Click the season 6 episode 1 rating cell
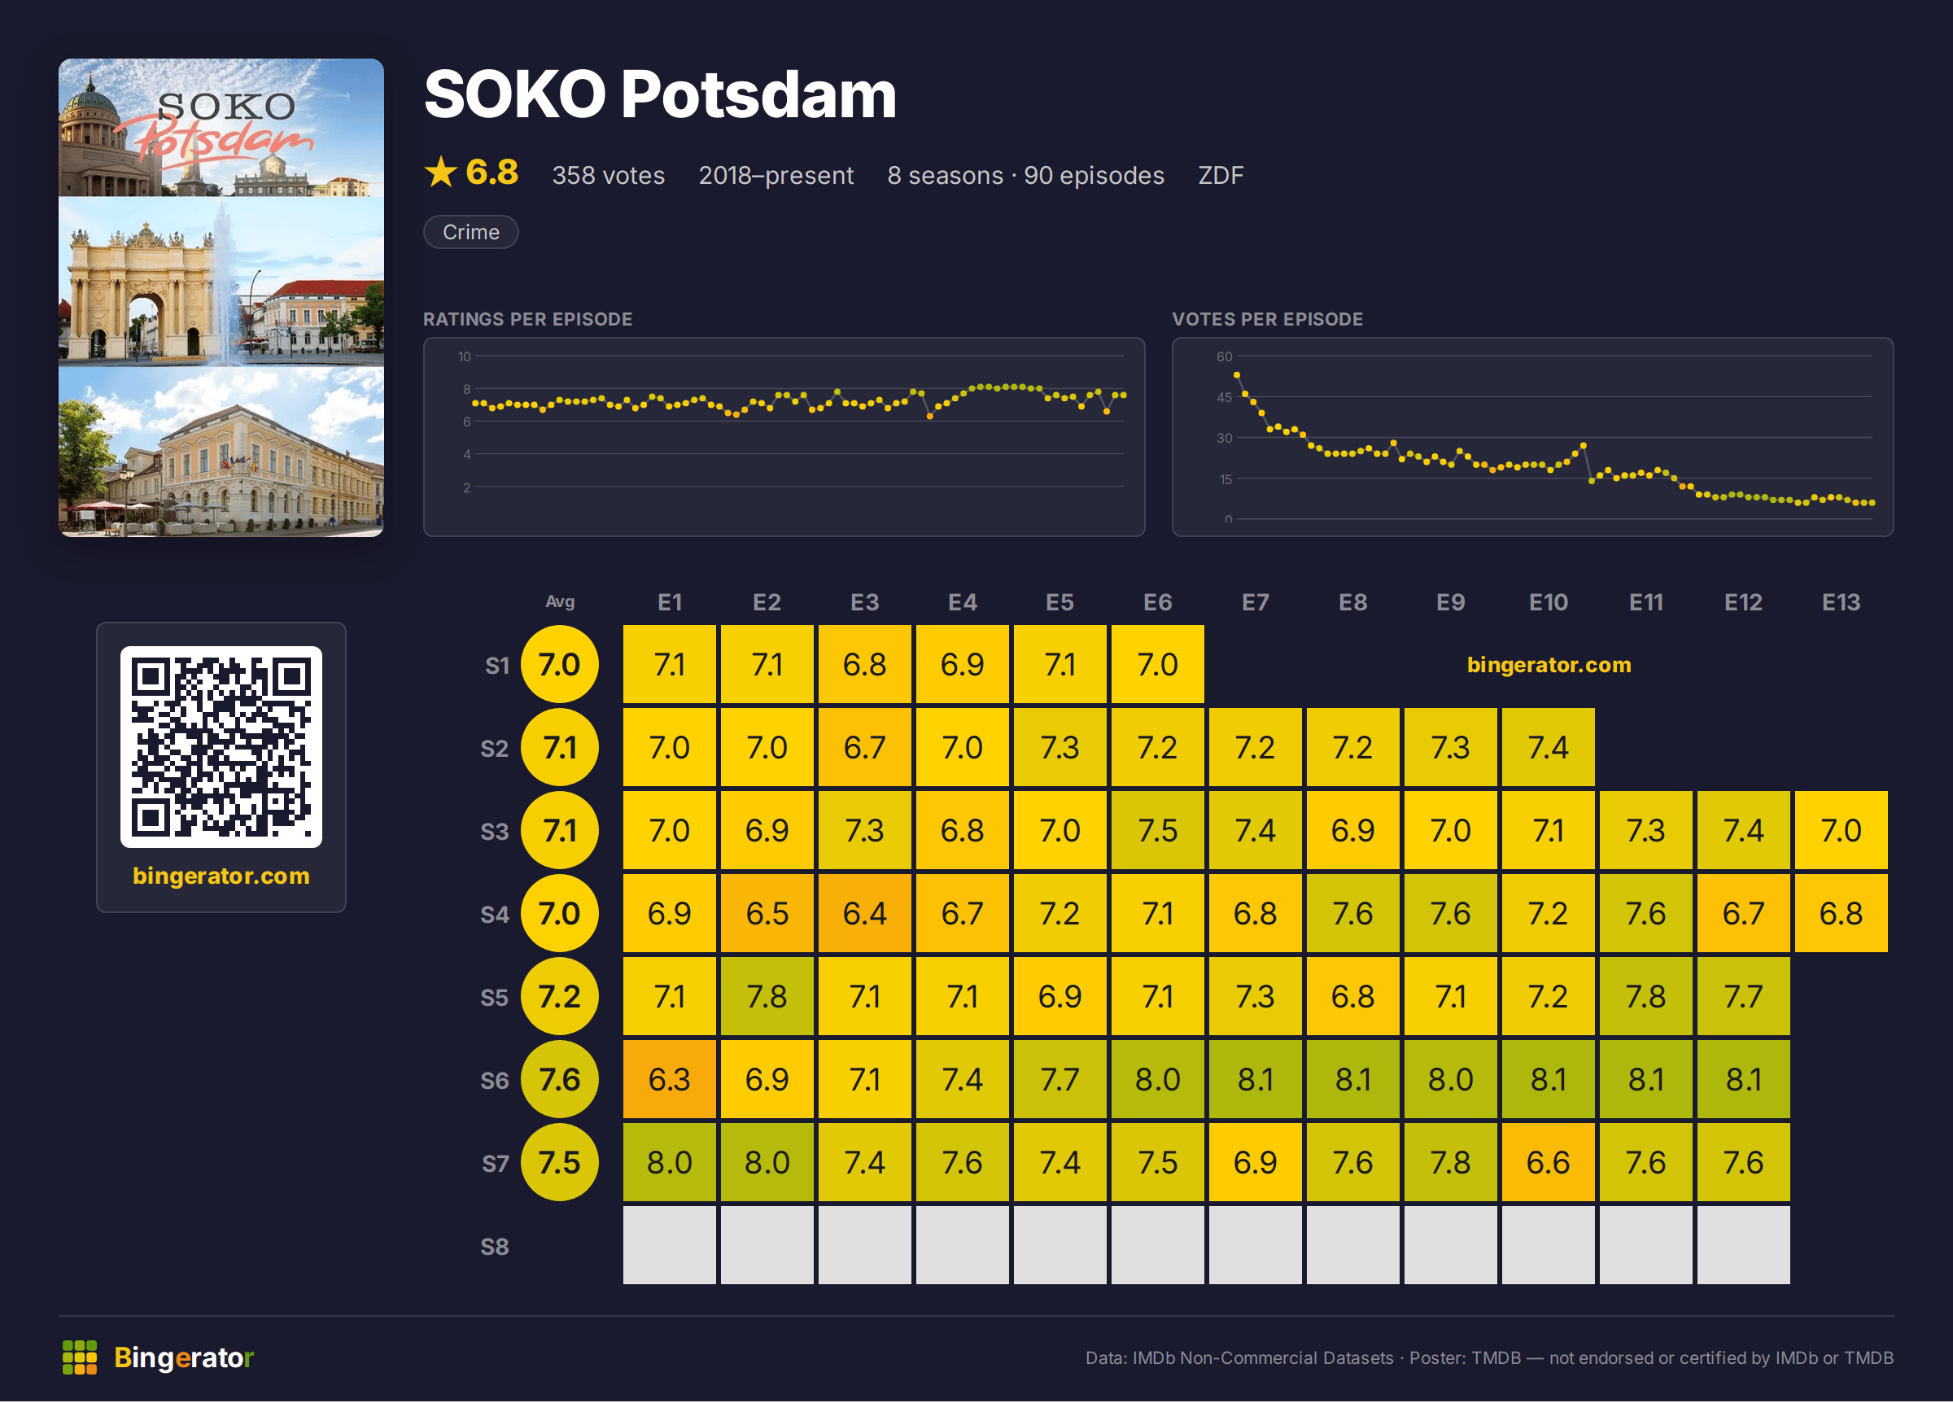(x=669, y=1078)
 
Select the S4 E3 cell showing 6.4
(x=864, y=913)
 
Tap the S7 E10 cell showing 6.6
(x=1548, y=1162)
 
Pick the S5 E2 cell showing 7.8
(x=767, y=995)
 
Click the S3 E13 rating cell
(x=1840, y=830)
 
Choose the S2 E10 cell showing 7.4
(x=1548, y=747)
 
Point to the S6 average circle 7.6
(x=560, y=1078)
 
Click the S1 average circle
(x=560, y=664)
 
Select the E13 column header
(x=1840, y=602)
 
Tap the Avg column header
(x=560, y=602)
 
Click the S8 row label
(x=494, y=1246)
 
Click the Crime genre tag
(x=471, y=232)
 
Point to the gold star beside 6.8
(x=441, y=173)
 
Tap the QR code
(x=221, y=747)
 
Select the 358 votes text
(x=608, y=175)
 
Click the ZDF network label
(x=1220, y=175)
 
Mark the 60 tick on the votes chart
(x=1224, y=356)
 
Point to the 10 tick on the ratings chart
(x=464, y=356)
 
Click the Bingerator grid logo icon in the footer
(x=79, y=1357)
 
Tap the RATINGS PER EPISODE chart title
(x=527, y=319)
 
